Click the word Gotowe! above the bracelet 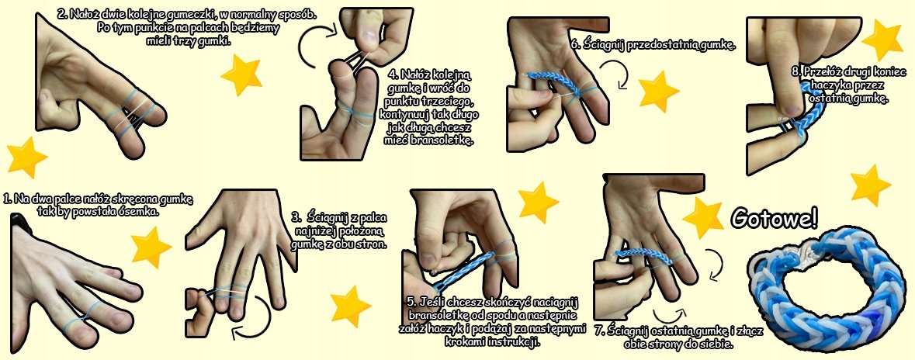point(774,218)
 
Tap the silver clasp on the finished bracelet point(801,253)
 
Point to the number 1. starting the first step point(8,199)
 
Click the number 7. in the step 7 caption point(599,331)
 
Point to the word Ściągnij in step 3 point(328,218)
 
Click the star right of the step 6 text point(659,92)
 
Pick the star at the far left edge point(26,157)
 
